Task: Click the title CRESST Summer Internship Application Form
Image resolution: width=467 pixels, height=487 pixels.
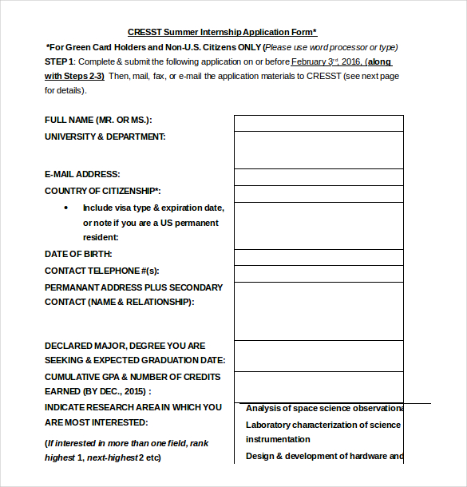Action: point(222,33)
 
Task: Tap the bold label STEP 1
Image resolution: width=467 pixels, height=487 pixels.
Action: point(60,61)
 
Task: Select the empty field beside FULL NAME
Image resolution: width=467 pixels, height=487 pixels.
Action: point(318,123)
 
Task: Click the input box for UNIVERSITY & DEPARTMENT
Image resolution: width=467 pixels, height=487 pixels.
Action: point(318,150)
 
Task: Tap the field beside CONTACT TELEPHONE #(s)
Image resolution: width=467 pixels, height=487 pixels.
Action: point(318,273)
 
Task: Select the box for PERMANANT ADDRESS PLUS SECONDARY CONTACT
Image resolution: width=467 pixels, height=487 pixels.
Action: point(318,311)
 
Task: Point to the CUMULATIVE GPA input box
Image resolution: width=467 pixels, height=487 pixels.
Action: point(318,385)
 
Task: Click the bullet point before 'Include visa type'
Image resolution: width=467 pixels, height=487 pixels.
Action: point(65,208)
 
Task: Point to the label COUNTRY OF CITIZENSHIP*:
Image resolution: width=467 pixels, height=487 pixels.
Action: point(103,191)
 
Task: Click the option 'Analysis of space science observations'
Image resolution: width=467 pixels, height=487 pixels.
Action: point(323,409)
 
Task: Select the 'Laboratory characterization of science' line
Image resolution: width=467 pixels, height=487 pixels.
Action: point(323,426)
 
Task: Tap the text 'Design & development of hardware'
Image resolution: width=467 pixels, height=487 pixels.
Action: point(323,457)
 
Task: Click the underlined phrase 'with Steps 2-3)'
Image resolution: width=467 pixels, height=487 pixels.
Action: point(74,76)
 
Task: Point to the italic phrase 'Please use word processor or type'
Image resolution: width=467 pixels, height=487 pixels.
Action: point(330,47)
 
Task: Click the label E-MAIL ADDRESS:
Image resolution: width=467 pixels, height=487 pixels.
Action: point(82,174)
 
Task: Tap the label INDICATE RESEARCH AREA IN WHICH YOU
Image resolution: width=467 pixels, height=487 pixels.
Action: point(133,407)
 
